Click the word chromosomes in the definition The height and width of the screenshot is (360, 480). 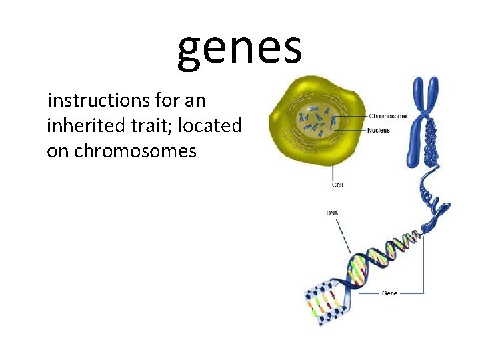coord(135,151)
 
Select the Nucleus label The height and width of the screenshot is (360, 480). coord(379,131)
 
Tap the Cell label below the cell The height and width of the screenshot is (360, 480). coord(337,185)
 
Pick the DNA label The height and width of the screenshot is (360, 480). coord(332,213)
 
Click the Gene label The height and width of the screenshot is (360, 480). coord(389,293)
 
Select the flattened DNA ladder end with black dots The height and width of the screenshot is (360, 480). coord(323,303)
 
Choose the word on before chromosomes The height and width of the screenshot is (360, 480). coord(58,151)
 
